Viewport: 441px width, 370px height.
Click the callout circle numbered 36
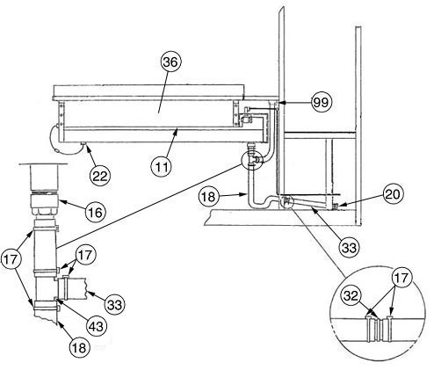[170, 62]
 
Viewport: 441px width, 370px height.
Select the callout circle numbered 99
[322, 103]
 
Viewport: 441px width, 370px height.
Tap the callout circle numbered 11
[162, 167]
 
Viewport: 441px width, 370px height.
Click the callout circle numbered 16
[96, 213]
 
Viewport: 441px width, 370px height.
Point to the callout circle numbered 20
[393, 194]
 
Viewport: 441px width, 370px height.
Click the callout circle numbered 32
[351, 296]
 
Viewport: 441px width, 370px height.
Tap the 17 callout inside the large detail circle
[401, 277]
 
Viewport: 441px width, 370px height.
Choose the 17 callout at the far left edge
[11, 260]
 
